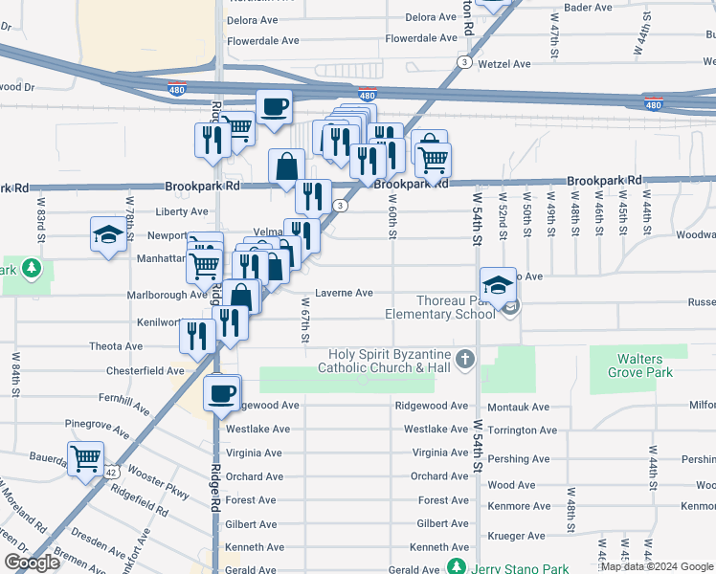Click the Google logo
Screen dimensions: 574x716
click(32, 563)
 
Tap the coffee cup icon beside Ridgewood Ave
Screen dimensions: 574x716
click(222, 394)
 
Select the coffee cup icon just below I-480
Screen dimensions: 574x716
click(274, 107)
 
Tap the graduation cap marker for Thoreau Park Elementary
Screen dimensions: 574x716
click(498, 285)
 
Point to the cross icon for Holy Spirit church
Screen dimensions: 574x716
click(465, 360)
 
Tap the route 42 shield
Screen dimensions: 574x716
click(112, 473)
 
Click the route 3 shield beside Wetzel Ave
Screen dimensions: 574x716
click(464, 61)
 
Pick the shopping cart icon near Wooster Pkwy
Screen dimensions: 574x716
click(86, 458)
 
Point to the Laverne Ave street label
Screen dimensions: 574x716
click(344, 293)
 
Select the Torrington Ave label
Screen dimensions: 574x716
click(522, 430)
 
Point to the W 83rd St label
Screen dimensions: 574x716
click(41, 216)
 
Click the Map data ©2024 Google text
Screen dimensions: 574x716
click(657, 566)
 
